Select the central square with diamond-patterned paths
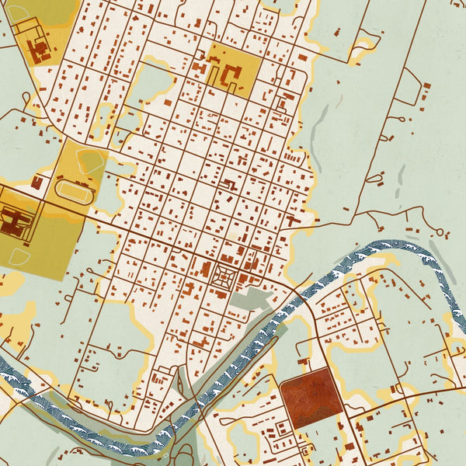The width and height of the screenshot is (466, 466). coord(225,275)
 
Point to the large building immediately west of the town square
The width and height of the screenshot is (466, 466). coord(206,271)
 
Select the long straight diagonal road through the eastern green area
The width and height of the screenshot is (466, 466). coord(381,140)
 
